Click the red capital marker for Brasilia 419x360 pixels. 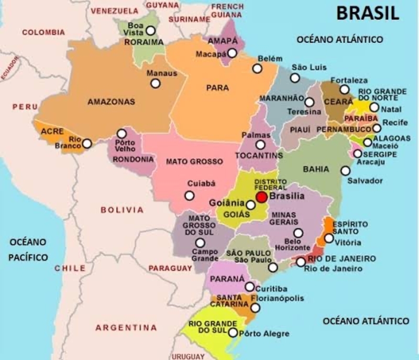click(262, 197)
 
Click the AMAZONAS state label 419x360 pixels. click(111, 101)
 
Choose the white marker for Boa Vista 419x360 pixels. click(151, 30)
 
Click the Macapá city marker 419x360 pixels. click(233, 53)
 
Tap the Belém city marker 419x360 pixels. click(257, 69)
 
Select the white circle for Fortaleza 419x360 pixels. click(344, 90)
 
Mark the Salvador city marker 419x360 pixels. click(345, 170)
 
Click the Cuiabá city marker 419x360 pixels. click(189, 195)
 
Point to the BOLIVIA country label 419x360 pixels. click(122, 210)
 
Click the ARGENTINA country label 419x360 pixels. click(126, 328)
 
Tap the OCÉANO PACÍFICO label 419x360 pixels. click(28, 249)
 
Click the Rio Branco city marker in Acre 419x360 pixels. click(87, 143)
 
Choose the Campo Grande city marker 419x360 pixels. click(200, 243)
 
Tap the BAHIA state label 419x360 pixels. click(316, 169)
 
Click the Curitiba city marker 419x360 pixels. click(250, 287)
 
